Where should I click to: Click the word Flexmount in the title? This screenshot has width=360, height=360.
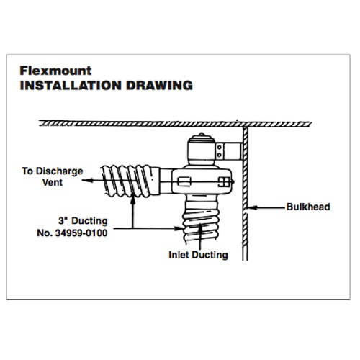[55, 71]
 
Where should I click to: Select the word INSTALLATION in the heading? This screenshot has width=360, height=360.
[71, 86]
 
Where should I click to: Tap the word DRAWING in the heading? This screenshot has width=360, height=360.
[159, 86]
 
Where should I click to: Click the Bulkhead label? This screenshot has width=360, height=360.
[308, 207]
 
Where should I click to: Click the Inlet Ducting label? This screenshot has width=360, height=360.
[198, 255]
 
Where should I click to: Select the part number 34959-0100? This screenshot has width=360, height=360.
[81, 233]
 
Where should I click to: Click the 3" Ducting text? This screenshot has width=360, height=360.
[83, 221]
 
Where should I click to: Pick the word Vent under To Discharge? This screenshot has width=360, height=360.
[53, 182]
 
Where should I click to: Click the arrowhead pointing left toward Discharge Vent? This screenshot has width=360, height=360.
[87, 180]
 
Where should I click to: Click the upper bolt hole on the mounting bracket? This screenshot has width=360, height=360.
[219, 148]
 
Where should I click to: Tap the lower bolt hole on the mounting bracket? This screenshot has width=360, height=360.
[219, 155]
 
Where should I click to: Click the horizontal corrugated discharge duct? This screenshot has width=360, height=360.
[130, 181]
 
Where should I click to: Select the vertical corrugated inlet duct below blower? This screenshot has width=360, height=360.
[201, 220]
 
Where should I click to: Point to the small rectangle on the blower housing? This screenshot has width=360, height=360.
[184, 181]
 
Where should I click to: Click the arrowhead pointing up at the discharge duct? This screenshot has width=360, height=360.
[132, 201]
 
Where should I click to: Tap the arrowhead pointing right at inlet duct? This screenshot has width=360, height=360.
[179, 228]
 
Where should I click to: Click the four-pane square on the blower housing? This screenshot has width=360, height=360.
[224, 182]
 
